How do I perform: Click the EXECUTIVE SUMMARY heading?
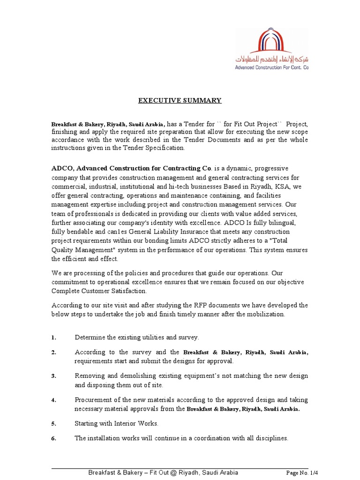(x=179, y=100)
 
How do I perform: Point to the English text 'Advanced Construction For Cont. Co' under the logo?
(x=272, y=67)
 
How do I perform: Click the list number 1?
(x=54, y=337)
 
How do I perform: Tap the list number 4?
(x=54, y=400)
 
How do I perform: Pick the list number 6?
(x=54, y=439)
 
